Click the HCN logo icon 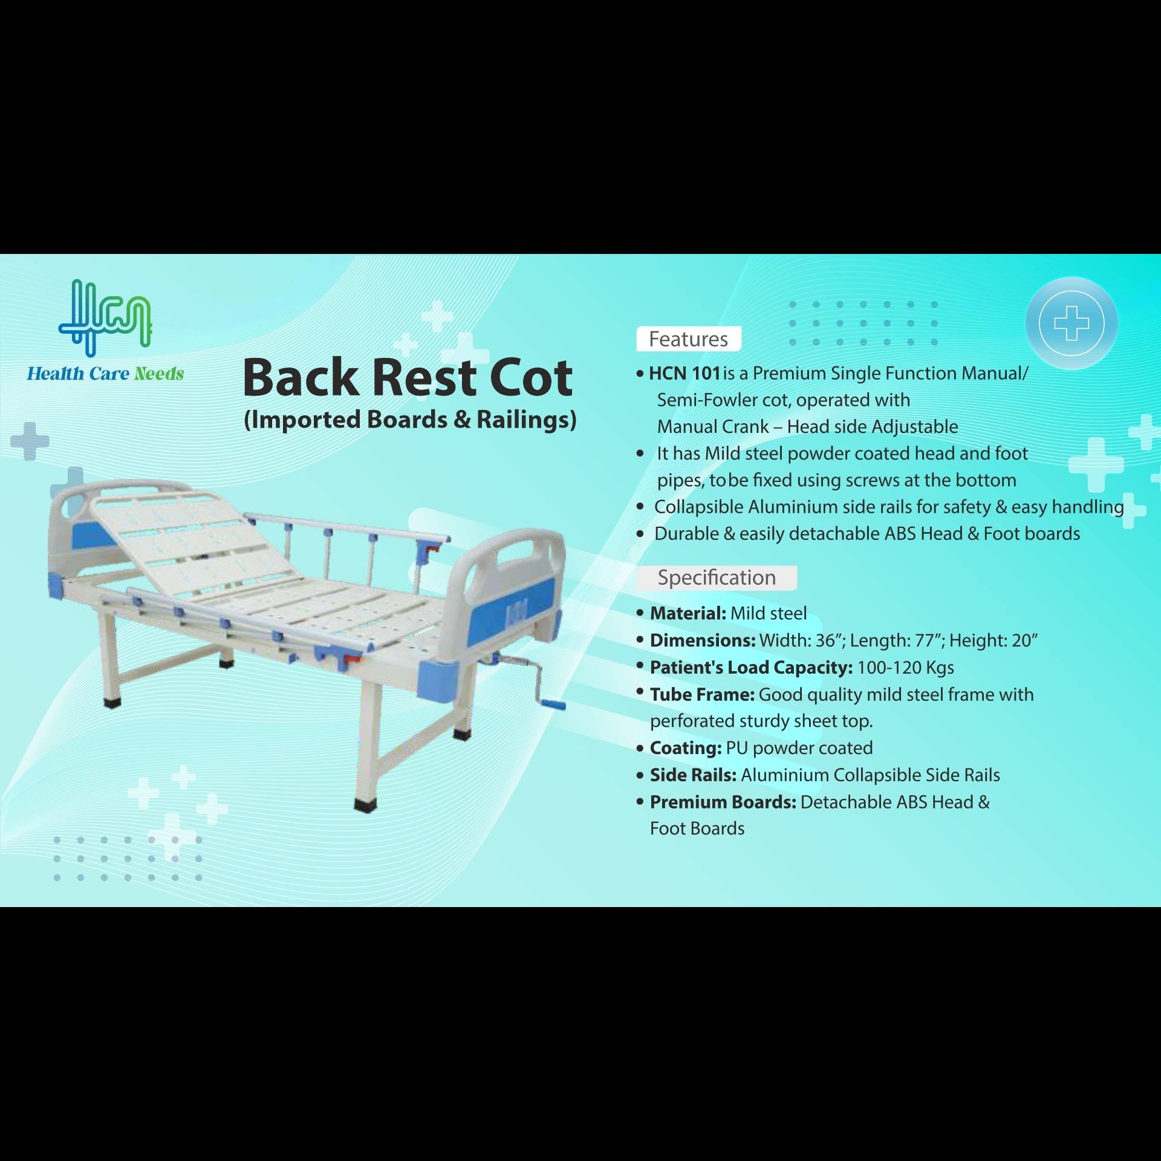pyautogui.click(x=105, y=317)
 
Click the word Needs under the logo pyautogui.click(x=159, y=374)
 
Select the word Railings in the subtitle pyautogui.click(x=526, y=420)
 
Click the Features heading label pyautogui.click(x=688, y=339)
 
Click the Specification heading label pyautogui.click(x=717, y=577)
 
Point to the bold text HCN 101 pyautogui.click(x=685, y=374)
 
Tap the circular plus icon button pyautogui.click(x=1072, y=324)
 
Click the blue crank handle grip pyautogui.click(x=552, y=704)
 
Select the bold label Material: pyautogui.click(x=688, y=613)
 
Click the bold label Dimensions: pyautogui.click(x=703, y=640)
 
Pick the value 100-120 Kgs pyautogui.click(x=906, y=668)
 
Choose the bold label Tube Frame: pyautogui.click(x=702, y=695)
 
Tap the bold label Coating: pyautogui.click(x=686, y=748)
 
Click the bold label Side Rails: pyautogui.click(x=693, y=775)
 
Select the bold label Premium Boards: pyautogui.click(x=723, y=802)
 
